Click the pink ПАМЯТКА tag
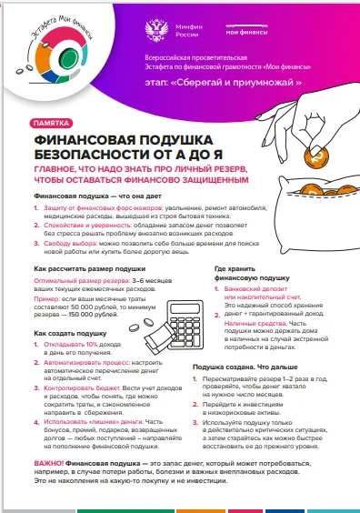pyautogui.click(x=53, y=123)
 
